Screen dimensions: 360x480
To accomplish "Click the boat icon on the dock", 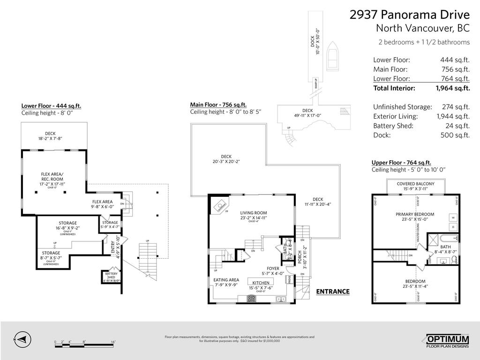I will coord(333,56).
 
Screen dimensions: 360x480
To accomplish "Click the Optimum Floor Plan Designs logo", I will coord(447,341).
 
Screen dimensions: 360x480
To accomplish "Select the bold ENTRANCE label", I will coord(333,292).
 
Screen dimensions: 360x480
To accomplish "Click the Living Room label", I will coord(254,213).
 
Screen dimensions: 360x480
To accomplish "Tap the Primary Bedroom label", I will coord(415,214).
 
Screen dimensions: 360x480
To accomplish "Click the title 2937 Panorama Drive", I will coord(409,15).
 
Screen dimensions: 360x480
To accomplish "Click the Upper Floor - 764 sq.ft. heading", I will coord(401,162).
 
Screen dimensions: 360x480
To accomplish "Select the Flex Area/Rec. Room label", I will coord(52,176).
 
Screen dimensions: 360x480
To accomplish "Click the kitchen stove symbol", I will coord(251,298).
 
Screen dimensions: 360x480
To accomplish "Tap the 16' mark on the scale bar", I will coord(113,342).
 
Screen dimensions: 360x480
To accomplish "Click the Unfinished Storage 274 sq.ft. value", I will coord(456,107).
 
